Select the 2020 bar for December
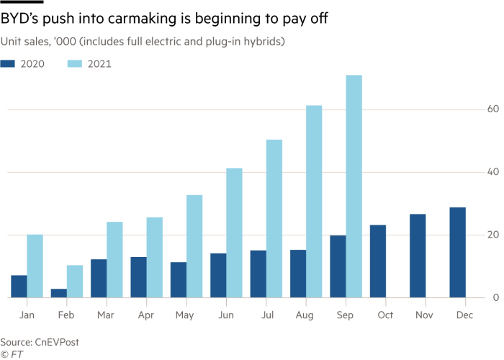[x=457, y=252]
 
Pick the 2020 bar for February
[x=58, y=293]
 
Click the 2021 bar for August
[x=314, y=201]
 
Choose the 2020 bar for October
[x=378, y=261]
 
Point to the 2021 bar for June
[x=234, y=233]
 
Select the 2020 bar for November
[x=418, y=256]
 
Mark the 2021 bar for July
[x=274, y=218]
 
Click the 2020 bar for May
[x=179, y=279]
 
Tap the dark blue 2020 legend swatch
[x=8, y=64]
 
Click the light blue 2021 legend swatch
[x=75, y=64]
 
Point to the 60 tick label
[x=492, y=109]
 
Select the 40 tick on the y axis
[x=492, y=172]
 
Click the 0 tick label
[x=495, y=297]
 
